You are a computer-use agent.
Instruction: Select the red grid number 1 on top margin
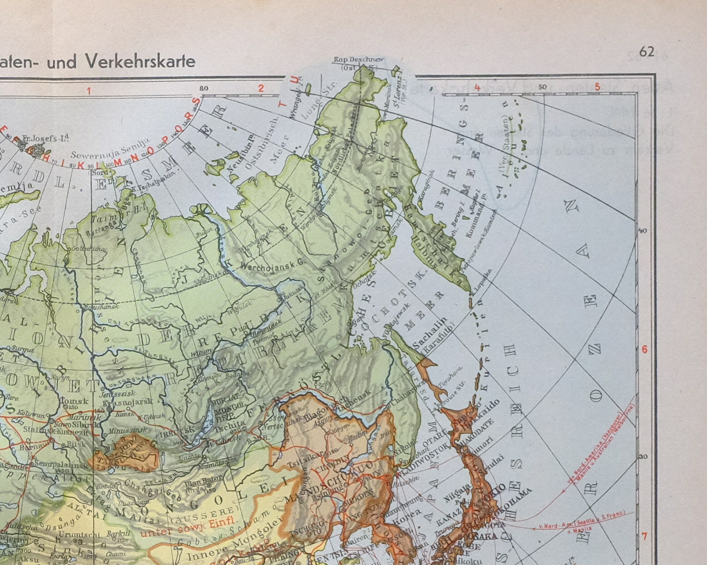coord(89,91)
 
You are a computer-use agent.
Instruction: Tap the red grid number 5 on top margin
coord(597,86)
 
